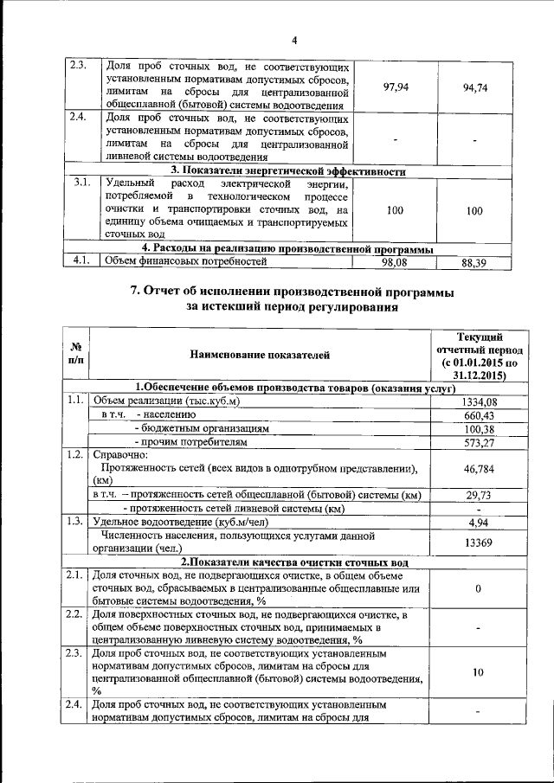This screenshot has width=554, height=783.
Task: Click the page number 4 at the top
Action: pos(293,41)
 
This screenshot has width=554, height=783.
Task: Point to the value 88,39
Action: pos(477,260)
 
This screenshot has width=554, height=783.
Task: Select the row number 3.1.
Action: pos(83,183)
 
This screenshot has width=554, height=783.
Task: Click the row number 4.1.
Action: pos(83,260)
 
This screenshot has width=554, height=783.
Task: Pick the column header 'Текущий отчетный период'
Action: pos(478,355)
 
